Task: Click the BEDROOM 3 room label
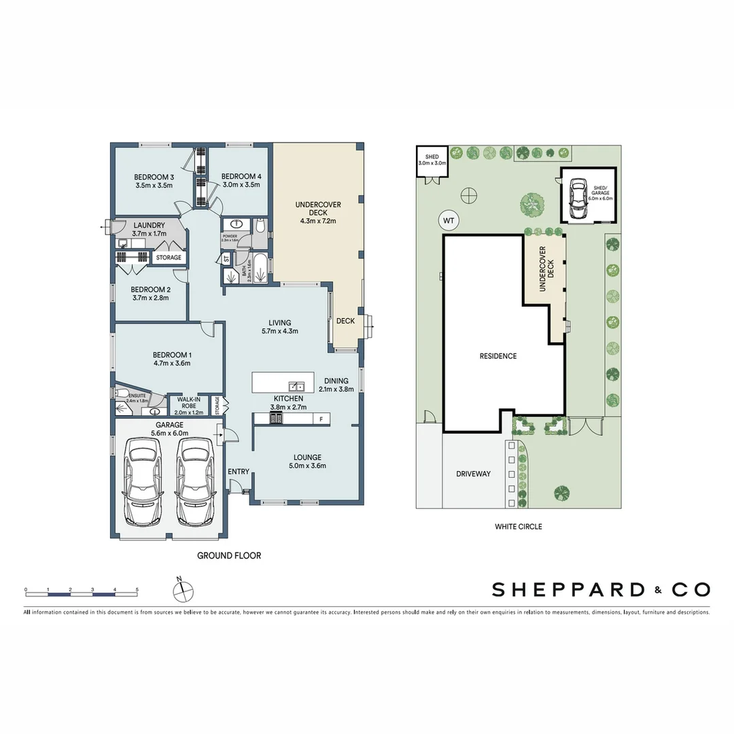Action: point(154,177)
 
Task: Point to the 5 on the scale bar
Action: point(137,589)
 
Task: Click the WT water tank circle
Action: point(448,221)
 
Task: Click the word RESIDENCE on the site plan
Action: point(497,356)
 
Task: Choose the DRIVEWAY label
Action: point(473,474)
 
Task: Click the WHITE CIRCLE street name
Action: point(518,526)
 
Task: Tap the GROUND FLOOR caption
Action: point(229,555)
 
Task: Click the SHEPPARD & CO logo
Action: point(601,589)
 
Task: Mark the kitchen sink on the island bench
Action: point(296,385)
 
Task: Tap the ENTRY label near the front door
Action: point(239,472)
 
